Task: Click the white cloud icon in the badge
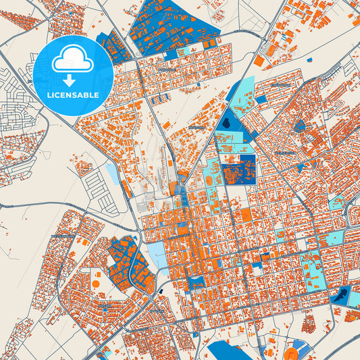point(73,59)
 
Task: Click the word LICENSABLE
point(73,95)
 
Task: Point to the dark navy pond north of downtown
point(227,124)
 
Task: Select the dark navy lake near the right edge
point(342,295)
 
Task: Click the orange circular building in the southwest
point(95,282)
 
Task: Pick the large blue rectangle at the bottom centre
point(230,351)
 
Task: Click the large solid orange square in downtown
point(246,215)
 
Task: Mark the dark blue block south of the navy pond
point(239,169)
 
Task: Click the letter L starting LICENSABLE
point(49,95)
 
